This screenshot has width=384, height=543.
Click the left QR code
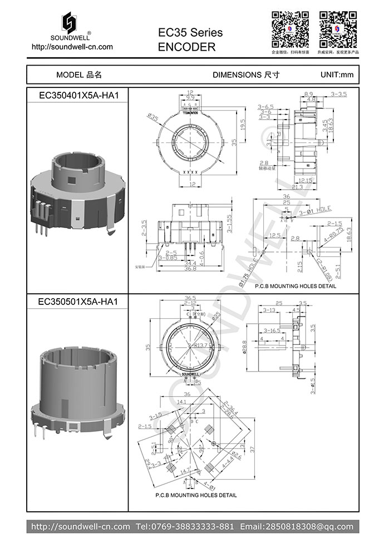(290, 28)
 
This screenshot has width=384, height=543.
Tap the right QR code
(338, 28)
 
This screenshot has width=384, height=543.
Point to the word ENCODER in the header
(186, 47)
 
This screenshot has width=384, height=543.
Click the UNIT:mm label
(337, 75)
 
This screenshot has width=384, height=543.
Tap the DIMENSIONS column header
(245, 75)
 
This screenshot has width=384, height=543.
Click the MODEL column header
(78, 75)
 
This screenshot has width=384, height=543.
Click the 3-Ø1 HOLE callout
(316, 211)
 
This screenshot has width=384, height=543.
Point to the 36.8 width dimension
(190, 269)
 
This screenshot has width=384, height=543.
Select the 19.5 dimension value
(242, 122)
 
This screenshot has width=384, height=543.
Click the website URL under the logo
(72, 47)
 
